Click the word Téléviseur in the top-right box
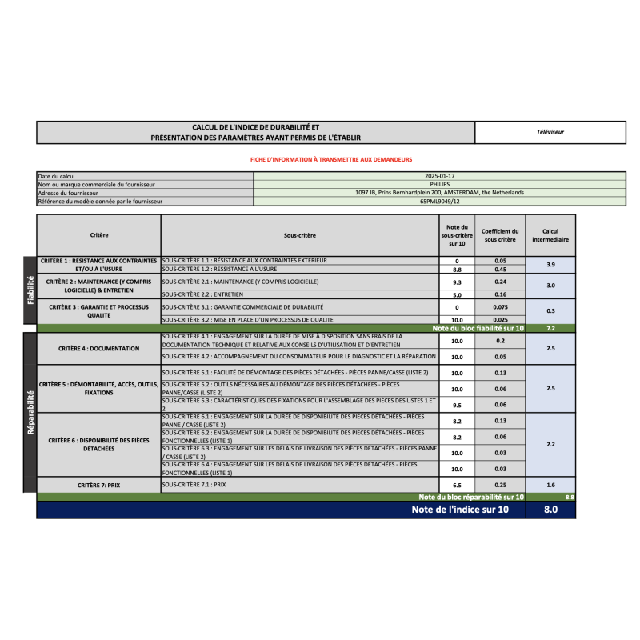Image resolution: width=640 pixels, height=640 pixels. pyautogui.click(x=550, y=132)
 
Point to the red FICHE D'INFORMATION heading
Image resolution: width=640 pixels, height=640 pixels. pyautogui.click(x=331, y=160)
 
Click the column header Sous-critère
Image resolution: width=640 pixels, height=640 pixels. pyautogui.click(x=300, y=235)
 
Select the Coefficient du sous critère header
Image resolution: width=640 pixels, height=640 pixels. pyautogui.click(x=501, y=235)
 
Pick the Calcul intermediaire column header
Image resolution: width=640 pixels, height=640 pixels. pyautogui.click(x=550, y=235)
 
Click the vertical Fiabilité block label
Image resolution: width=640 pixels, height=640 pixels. pyautogui.click(x=30, y=290)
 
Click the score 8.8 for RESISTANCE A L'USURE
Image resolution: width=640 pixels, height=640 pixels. pyautogui.click(x=457, y=270)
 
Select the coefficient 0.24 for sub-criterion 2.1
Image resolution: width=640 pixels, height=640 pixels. pyautogui.click(x=501, y=282)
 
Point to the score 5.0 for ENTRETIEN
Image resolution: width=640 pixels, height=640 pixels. pyautogui.click(x=457, y=294)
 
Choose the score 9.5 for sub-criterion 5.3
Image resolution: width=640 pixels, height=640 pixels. pyautogui.click(x=457, y=405)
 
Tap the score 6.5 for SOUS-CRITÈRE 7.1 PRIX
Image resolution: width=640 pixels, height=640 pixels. pyautogui.click(x=457, y=485)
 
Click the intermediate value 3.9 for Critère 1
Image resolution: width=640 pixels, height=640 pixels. pyautogui.click(x=550, y=265)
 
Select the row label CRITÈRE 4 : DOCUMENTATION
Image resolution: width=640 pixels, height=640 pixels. pyautogui.click(x=99, y=349)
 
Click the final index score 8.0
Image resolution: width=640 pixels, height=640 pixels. pyautogui.click(x=550, y=510)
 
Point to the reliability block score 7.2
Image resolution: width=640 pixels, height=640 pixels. pyautogui.click(x=550, y=328)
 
